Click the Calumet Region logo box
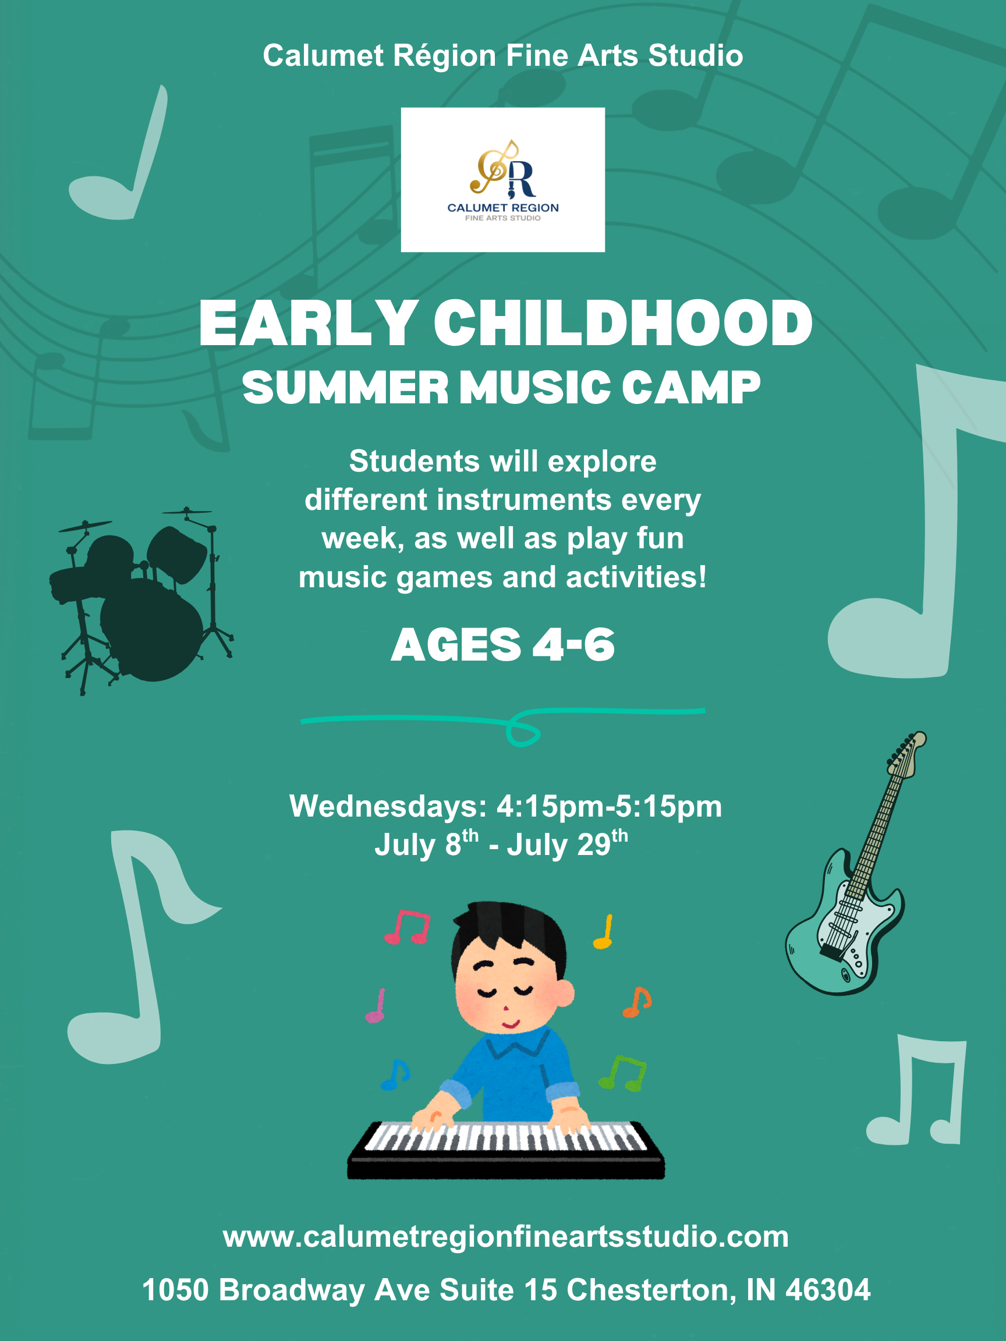pos(502,179)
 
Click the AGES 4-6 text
pos(502,645)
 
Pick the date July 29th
pos(567,844)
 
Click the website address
pos(506,1237)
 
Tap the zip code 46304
pos(828,1290)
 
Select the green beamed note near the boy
pos(624,1074)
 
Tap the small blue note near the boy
pos(395,1075)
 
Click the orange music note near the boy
pos(637,1002)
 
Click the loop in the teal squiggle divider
pos(523,732)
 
